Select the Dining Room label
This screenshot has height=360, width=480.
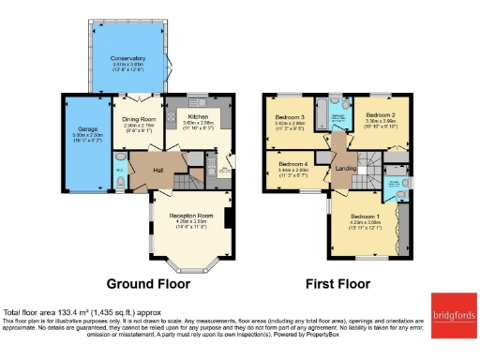click(136, 118)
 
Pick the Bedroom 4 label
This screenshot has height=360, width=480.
click(293, 163)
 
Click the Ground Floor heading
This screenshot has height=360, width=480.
click(148, 283)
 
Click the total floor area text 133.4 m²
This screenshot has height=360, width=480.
click(64, 312)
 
